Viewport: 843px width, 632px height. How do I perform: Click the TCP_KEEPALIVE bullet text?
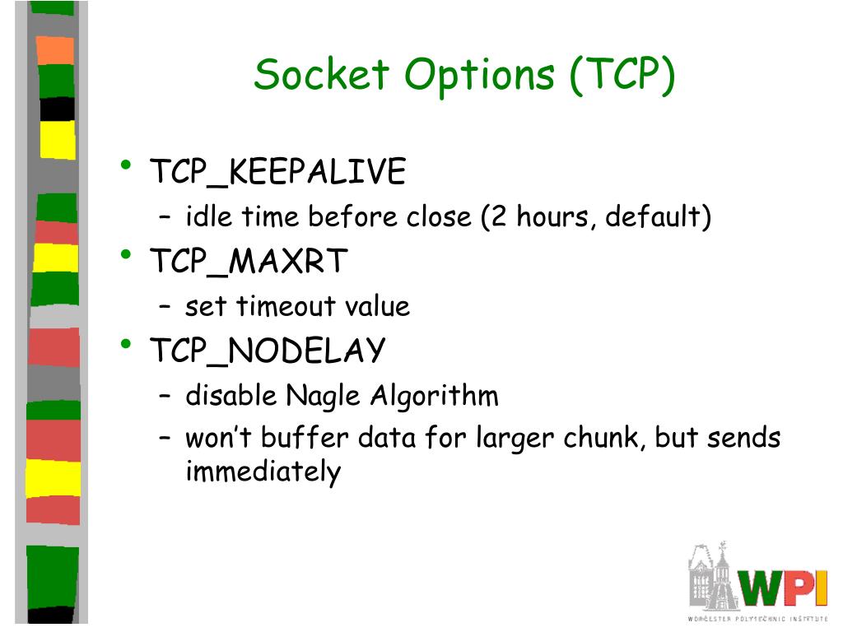coord(277,173)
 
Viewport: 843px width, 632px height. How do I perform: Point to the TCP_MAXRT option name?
coord(249,262)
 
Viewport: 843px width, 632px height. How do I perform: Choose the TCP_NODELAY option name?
coord(267,351)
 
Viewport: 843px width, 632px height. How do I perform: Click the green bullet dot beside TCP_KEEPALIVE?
coord(125,165)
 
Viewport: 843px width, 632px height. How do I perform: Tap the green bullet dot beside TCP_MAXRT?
coord(125,254)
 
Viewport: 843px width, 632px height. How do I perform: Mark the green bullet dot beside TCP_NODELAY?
coord(125,343)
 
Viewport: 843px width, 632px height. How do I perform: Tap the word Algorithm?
coord(434,396)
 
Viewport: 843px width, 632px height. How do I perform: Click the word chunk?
coord(604,438)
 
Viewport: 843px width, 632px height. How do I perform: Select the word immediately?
coord(263,473)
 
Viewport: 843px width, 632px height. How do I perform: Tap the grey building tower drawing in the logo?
coord(713,576)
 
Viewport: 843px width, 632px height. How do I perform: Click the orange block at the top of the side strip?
coord(55,49)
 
